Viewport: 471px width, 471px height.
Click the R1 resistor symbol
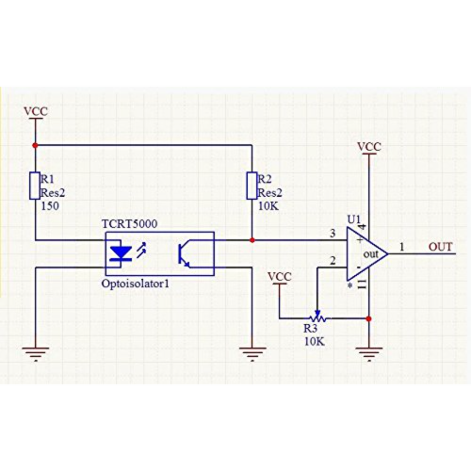point(35,185)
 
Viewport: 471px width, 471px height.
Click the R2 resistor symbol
point(252,185)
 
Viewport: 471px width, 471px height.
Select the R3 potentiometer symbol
point(317,318)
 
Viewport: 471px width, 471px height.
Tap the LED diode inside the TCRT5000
point(121,253)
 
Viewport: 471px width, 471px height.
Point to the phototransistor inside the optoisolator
point(184,253)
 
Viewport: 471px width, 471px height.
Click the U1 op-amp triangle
point(367,254)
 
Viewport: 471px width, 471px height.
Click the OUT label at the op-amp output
point(441,247)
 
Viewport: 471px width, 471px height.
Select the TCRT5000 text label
point(130,224)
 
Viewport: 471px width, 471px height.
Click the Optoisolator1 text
point(135,283)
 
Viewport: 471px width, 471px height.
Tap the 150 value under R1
point(50,206)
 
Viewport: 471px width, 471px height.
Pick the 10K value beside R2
point(268,206)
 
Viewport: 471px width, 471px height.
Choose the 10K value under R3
point(314,341)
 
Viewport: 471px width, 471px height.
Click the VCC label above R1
point(36,111)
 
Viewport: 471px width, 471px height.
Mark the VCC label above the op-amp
point(369,147)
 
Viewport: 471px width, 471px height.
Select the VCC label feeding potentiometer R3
point(279,277)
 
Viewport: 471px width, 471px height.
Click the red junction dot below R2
point(252,240)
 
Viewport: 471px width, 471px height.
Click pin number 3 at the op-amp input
point(333,233)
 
